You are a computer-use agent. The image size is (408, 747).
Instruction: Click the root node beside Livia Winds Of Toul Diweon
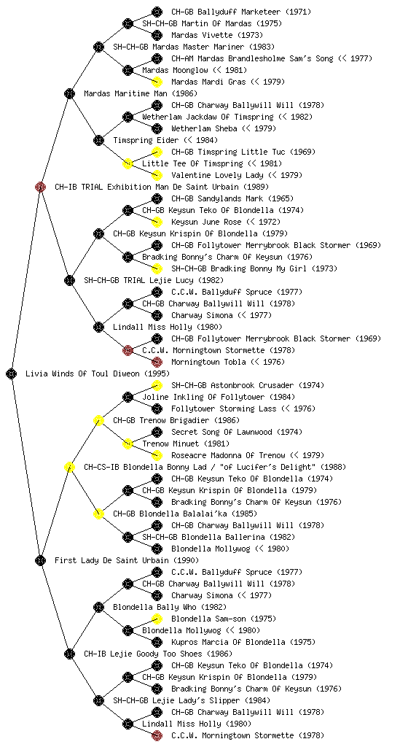(x=12, y=373)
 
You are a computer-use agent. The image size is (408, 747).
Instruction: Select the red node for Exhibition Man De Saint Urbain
(x=40, y=187)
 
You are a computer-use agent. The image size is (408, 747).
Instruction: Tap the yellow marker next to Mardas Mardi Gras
(x=157, y=82)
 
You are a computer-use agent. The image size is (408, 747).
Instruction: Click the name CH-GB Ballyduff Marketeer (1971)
(x=241, y=12)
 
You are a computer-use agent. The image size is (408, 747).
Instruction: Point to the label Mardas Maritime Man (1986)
(x=141, y=93)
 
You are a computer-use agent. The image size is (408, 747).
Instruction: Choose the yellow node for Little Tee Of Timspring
(x=127, y=163)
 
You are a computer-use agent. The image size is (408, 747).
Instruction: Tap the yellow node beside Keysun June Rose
(x=157, y=222)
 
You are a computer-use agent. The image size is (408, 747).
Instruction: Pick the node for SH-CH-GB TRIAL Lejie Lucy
(x=69, y=280)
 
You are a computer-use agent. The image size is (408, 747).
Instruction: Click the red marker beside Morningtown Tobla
(x=157, y=362)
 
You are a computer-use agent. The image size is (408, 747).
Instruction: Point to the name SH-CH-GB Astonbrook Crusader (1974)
(x=246, y=385)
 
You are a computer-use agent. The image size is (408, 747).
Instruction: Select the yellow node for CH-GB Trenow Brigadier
(x=98, y=420)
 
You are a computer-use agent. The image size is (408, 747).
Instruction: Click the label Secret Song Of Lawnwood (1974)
(x=237, y=432)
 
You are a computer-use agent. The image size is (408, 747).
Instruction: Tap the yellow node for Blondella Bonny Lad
(x=69, y=467)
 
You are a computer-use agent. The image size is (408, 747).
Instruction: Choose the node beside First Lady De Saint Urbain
(x=40, y=560)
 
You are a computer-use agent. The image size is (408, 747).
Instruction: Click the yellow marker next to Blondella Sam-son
(x=157, y=619)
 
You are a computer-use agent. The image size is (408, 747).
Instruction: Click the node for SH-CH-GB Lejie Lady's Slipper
(x=98, y=700)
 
